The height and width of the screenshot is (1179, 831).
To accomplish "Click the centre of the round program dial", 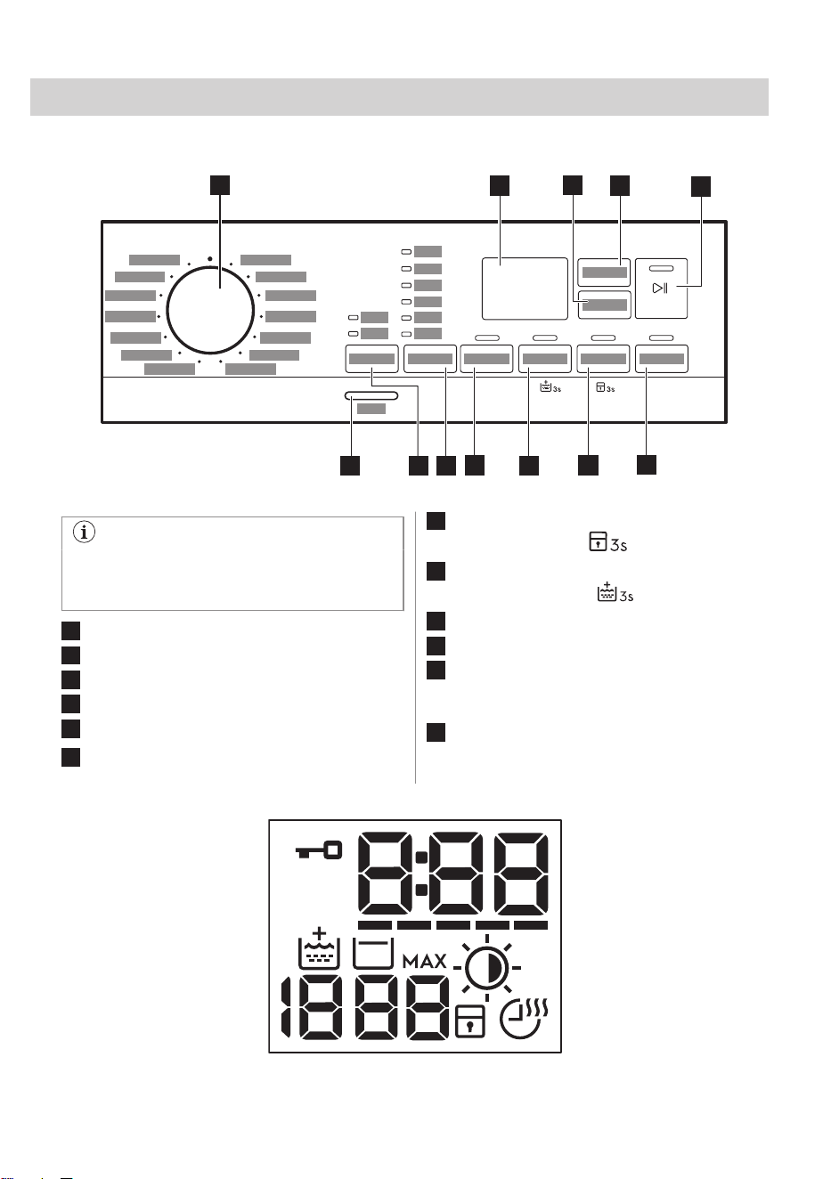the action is tap(210, 310).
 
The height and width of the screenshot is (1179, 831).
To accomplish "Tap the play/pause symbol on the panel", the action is tap(660, 288).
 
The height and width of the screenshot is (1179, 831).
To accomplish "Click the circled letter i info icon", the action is tap(85, 532).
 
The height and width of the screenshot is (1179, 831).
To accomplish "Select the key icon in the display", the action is tap(318, 850).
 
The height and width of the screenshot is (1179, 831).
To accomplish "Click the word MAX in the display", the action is tap(425, 962).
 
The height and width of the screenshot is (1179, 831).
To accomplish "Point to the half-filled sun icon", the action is tap(487, 967).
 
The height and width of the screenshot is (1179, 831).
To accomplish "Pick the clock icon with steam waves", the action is tap(524, 1018).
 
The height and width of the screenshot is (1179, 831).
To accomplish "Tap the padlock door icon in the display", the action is tap(469, 1021).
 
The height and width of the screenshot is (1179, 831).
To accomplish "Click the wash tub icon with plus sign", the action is tap(319, 948).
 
